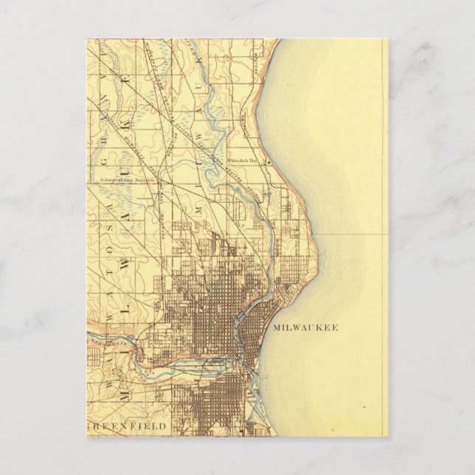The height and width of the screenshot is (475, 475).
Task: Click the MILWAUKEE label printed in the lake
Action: (305, 327)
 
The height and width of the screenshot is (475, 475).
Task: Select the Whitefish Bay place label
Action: (244, 159)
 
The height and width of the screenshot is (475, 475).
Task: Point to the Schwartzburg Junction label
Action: (129, 178)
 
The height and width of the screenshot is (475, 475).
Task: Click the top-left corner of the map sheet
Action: (86, 39)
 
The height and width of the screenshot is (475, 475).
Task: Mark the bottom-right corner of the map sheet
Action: (388, 436)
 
